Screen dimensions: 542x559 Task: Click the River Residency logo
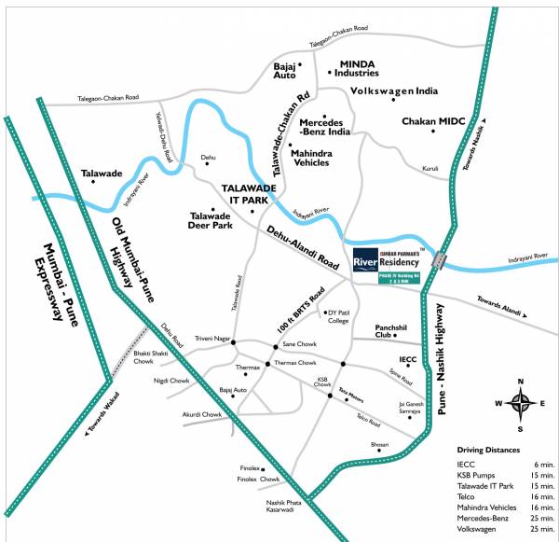(387, 262)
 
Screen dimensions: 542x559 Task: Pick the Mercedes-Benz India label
(325, 128)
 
